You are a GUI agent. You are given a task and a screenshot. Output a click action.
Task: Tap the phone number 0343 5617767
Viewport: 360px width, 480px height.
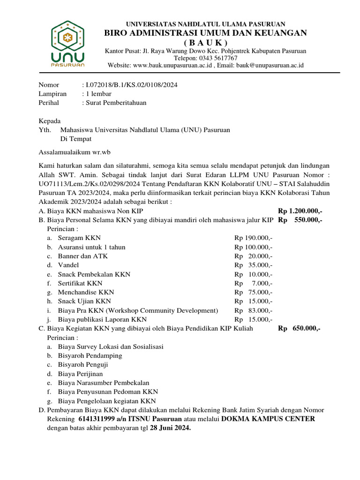[x=206, y=58]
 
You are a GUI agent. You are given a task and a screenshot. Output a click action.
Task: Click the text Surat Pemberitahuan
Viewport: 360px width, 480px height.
[x=115, y=103]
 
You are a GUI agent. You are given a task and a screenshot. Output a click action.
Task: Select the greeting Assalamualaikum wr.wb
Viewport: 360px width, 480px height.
[x=74, y=152]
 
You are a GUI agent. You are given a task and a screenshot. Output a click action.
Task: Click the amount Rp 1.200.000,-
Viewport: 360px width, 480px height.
[x=300, y=211]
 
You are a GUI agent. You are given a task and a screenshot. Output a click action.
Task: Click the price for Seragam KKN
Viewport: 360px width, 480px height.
[x=254, y=238]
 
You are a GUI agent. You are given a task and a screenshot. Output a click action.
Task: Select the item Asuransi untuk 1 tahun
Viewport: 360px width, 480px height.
[x=91, y=247]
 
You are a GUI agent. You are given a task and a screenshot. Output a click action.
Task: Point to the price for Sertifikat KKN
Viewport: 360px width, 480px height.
[x=254, y=283]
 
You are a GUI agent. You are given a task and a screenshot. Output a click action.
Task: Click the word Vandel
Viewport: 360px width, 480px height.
[x=68, y=265]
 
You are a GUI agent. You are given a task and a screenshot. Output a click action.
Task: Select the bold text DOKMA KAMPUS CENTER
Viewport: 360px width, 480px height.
[x=268, y=419]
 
